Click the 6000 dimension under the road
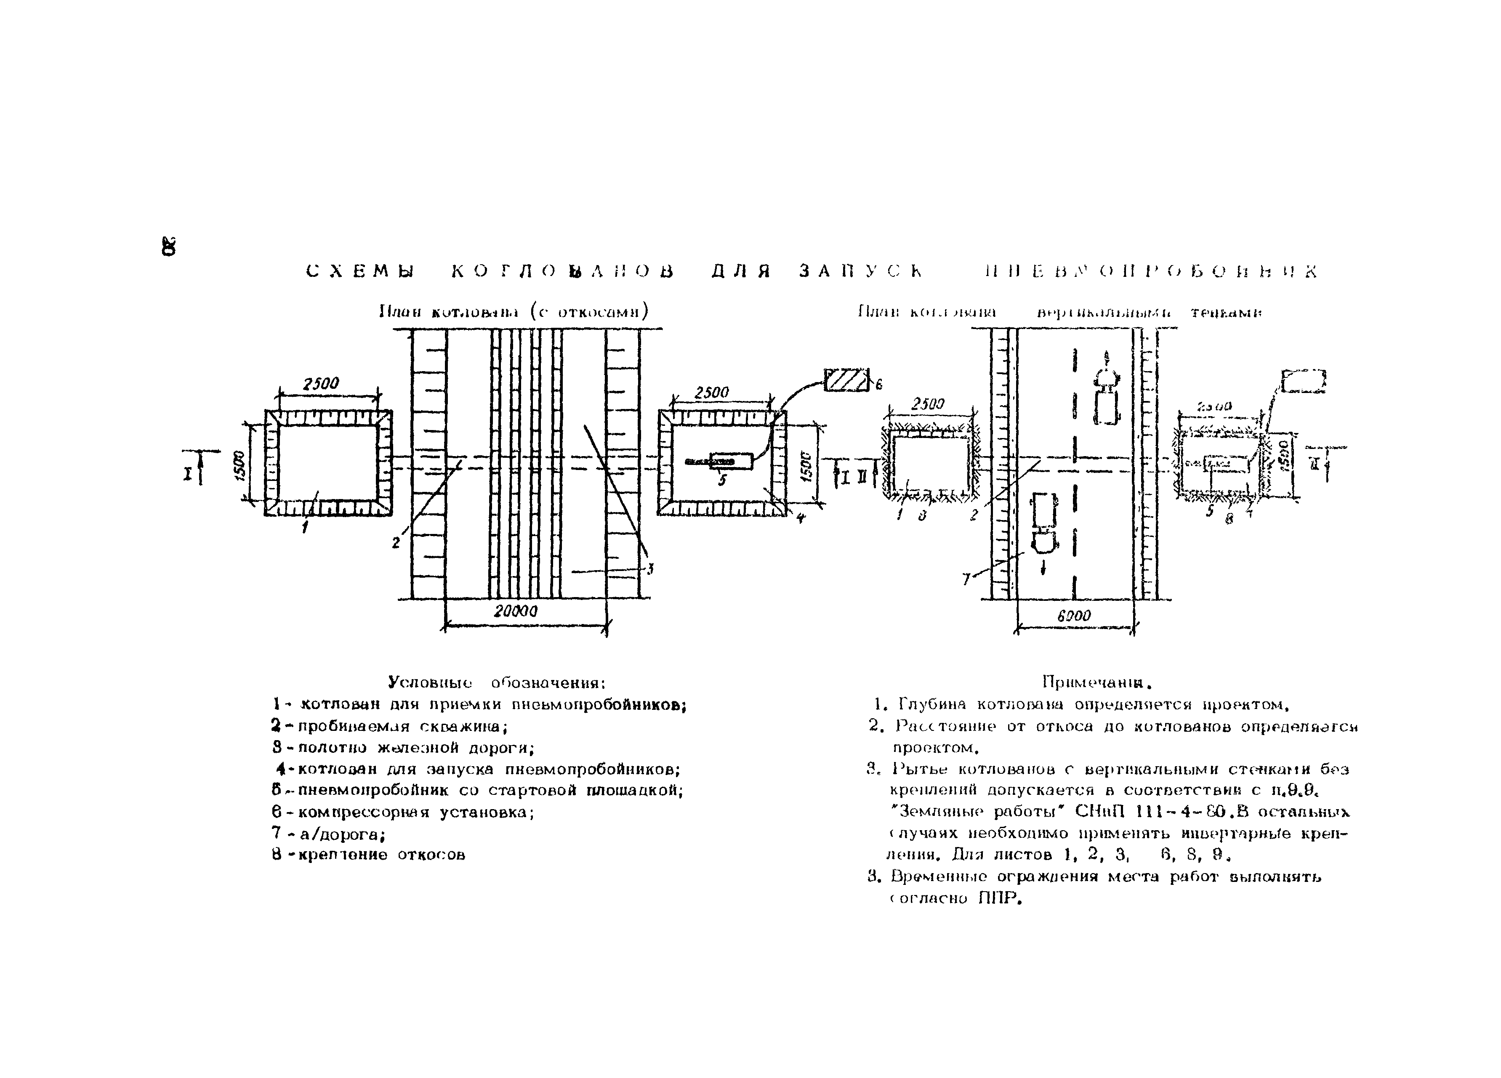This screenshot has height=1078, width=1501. click(1073, 616)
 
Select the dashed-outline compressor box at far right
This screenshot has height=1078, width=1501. click(1304, 381)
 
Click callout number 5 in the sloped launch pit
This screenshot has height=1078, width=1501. click(722, 481)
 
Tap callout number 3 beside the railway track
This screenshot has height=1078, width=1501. click(651, 568)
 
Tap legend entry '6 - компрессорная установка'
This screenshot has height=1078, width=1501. click(404, 812)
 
